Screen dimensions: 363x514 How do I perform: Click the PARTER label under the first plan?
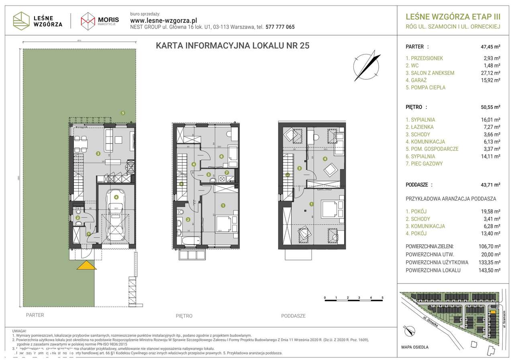tap(35, 315)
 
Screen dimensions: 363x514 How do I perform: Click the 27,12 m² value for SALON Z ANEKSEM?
tap(491, 73)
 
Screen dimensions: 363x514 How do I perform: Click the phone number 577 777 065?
tap(280, 27)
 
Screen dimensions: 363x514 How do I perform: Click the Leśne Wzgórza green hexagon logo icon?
tap(21, 20)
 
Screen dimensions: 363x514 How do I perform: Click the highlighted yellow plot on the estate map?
tap(492, 311)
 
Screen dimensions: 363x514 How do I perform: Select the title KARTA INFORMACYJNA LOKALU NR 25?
tap(233, 46)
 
